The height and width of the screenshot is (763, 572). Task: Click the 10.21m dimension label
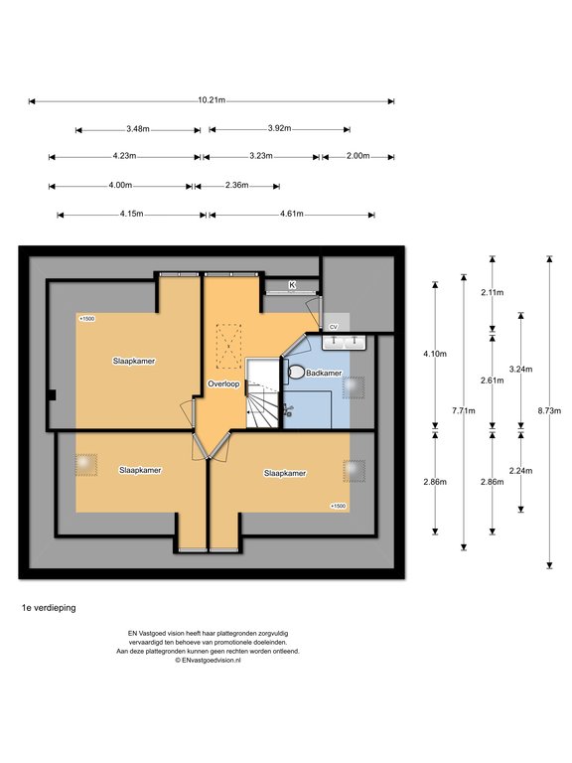[212, 100]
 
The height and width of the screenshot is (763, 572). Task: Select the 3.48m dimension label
[138, 129]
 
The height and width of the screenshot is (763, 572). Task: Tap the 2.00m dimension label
[357, 156]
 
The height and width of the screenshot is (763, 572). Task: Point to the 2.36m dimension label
[237, 185]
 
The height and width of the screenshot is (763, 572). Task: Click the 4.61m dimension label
[292, 214]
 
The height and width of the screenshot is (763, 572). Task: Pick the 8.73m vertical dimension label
[549, 410]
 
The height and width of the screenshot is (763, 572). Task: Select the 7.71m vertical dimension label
[464, 410]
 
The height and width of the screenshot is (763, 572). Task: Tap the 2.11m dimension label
[493, 292]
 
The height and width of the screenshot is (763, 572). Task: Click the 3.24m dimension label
[521, 370]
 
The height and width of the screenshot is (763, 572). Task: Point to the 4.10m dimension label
[435, 354]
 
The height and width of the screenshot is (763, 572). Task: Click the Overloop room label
[223, 383]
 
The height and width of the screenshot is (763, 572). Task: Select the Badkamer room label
[324, 374]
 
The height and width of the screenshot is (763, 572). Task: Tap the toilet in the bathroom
[295, 372]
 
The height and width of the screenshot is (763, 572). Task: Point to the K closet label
[292, 285]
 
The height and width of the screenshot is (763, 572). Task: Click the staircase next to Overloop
[262, 393]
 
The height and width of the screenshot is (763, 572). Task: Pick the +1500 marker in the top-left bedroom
[86, 319]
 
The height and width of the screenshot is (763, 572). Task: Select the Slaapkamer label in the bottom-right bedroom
[285, 473]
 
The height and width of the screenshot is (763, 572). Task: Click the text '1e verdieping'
[49, 608]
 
